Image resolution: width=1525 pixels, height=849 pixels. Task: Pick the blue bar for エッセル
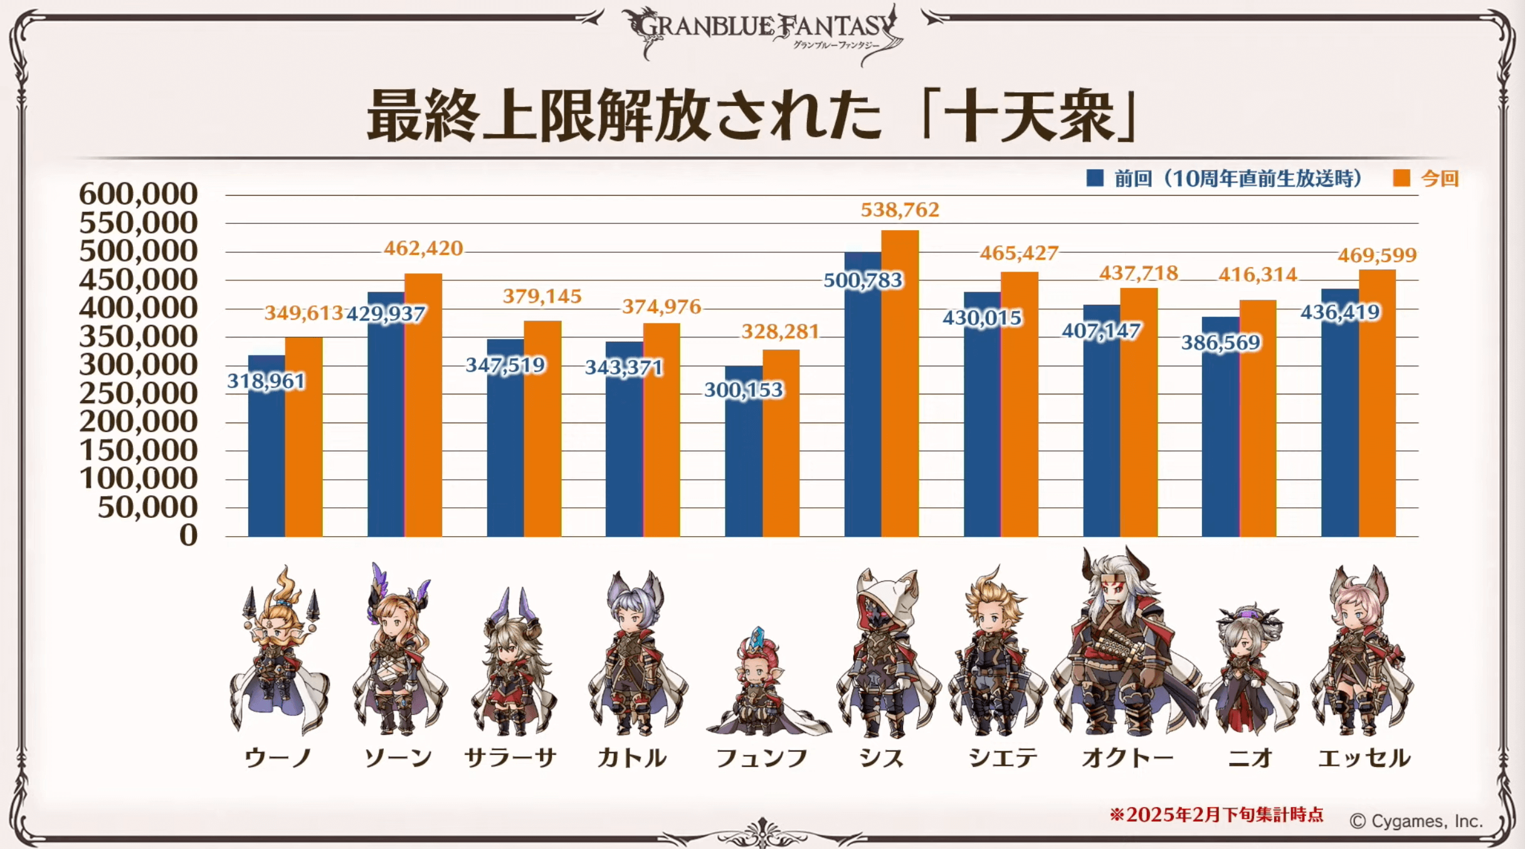coord(1340,426)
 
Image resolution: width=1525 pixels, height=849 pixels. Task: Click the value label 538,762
coord(900,210)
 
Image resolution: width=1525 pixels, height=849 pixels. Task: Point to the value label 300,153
coord(744,390)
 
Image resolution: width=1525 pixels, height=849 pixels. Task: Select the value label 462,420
coord(423,249)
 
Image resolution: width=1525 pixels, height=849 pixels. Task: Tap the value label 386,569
coord(1220,343)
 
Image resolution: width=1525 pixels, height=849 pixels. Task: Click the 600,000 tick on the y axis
coord(139,194)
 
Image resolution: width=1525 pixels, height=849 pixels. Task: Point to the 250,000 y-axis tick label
coord(139,394)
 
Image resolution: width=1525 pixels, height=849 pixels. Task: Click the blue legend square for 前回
coord(1095,179)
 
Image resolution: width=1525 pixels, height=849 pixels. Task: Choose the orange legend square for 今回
coord(1401,179)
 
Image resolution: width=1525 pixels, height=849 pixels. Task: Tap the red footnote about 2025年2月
coord(1216,815)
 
